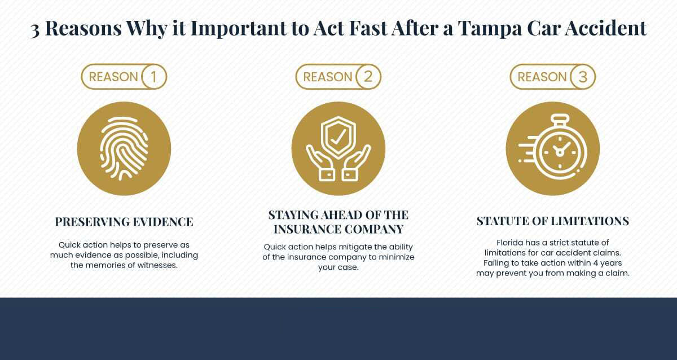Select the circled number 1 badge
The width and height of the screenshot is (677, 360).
click(154, 77)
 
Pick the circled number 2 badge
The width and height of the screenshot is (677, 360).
click(368, 77)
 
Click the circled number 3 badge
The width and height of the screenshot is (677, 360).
click(583, 77)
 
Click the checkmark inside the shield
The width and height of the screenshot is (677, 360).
click(338, 137)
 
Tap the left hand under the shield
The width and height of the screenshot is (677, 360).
click(320, 163)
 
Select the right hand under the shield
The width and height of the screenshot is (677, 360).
click(357, 163)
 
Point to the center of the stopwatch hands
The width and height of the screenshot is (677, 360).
click(560, 152)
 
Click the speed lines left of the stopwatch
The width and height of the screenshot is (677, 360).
click(528, 150)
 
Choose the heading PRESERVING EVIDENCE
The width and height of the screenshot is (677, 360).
click(124, 222)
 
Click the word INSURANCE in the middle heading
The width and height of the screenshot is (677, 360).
click(306, 229)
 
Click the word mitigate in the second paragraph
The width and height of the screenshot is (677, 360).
click(355, 247)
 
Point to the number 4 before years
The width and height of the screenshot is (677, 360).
click(596, 263)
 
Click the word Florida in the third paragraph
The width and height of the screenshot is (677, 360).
click(510, 243)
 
